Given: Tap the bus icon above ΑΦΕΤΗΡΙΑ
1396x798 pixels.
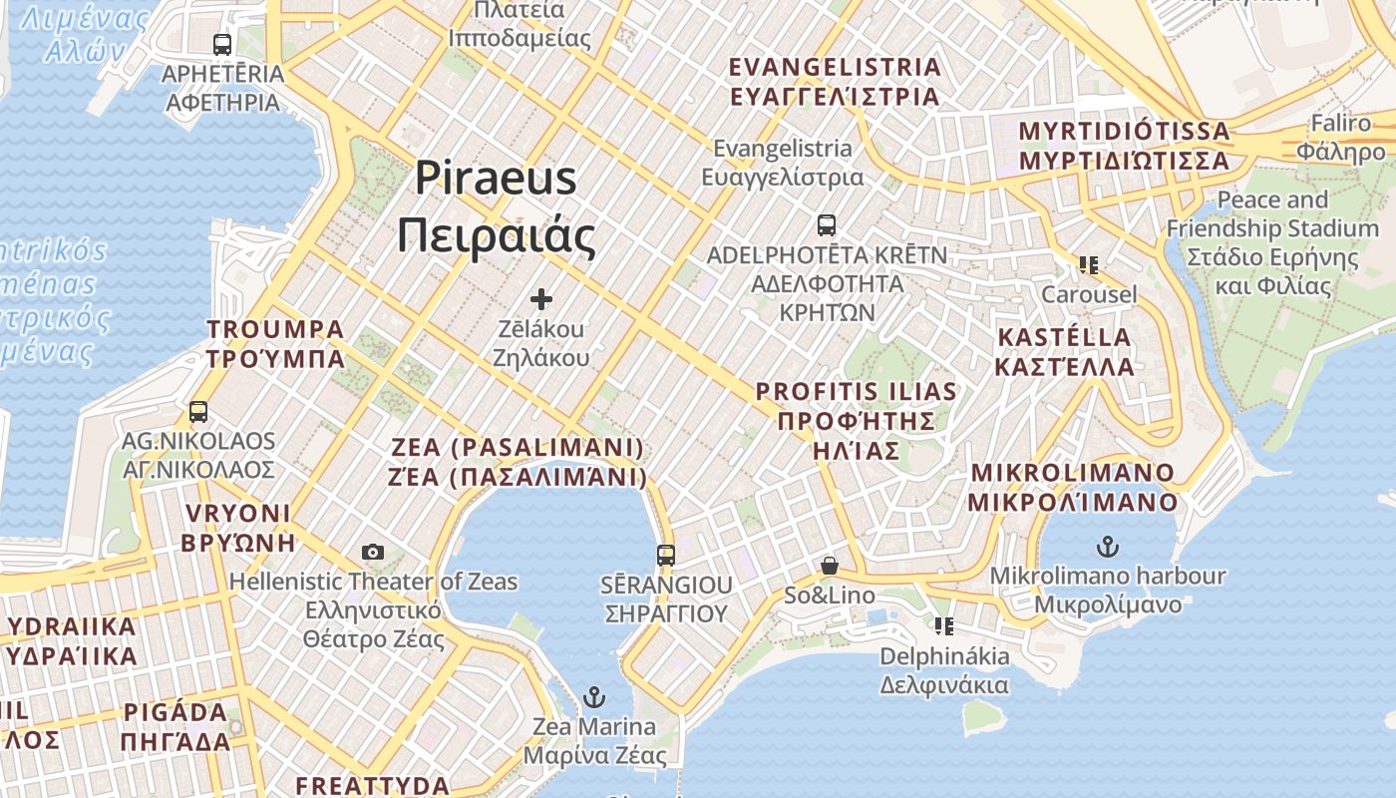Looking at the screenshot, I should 222,45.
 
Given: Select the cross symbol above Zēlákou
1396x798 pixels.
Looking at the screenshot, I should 541,298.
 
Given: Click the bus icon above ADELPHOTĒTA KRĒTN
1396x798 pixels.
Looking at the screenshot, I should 826,224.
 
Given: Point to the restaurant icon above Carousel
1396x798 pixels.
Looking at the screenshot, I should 1088,265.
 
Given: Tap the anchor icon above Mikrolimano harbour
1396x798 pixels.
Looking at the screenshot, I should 1107,547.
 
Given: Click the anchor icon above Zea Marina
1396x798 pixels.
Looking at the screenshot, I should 594,696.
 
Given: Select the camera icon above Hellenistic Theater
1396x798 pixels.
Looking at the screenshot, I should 373,552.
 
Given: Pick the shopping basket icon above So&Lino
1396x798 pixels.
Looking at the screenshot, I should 829,567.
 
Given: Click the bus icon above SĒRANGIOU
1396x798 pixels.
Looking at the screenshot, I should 666,556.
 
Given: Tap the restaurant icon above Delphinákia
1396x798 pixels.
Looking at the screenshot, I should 943,626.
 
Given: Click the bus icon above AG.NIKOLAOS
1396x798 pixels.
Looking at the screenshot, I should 198,411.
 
